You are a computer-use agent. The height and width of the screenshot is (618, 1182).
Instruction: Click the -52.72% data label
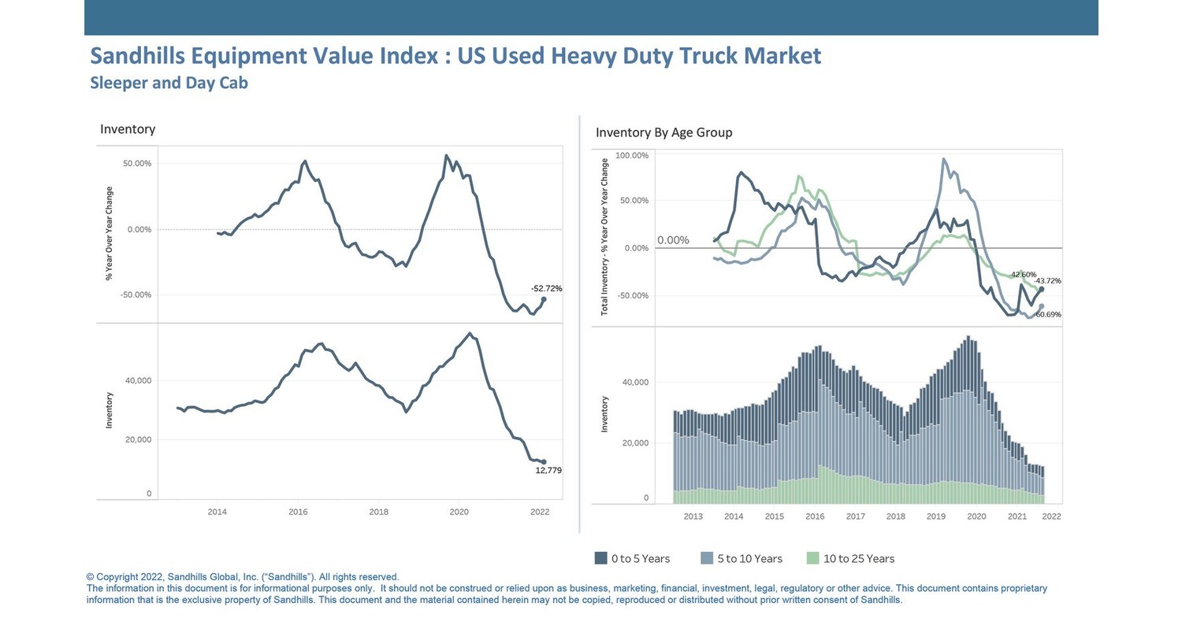[x=546, y=289]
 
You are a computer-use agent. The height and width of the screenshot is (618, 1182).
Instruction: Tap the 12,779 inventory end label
[x=548, y=471]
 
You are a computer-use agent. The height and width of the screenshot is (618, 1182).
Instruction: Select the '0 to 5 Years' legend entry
[x=632, y=559]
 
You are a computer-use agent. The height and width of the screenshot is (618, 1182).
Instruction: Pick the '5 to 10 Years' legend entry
[x=741, y=559]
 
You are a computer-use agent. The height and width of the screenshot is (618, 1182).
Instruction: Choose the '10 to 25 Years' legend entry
[x=850, y=559]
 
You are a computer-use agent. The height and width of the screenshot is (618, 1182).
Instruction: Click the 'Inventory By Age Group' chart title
[x=663, y=132]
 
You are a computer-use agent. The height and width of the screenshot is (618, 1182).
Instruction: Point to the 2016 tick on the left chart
[x=298, y=512]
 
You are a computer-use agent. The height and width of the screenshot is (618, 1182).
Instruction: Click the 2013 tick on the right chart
[x=693, y=516]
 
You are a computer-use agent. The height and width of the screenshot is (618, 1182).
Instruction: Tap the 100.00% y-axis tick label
[x=631, y=156]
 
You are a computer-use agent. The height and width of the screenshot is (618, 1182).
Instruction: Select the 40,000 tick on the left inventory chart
[x=138, y=381]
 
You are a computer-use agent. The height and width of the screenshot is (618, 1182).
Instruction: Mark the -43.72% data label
[x=1047, y=281]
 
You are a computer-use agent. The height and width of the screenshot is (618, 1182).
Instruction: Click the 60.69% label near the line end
[x=1048, y=315]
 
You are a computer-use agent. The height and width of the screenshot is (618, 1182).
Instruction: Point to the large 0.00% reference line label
[x=673, y=240]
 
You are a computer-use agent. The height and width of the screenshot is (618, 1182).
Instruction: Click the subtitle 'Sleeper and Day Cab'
[x=169, y=83]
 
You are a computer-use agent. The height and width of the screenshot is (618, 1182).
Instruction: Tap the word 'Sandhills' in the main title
[x=139, y=56]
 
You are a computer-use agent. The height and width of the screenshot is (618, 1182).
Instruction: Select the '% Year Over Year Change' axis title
[x=110, y=233]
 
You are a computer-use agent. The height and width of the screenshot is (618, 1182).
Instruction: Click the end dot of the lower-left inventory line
[x=543, y=462]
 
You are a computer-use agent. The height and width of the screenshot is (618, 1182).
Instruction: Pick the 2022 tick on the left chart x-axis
[x=540, y=512]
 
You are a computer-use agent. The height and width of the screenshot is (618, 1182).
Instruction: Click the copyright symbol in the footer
[x=90, y=577]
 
